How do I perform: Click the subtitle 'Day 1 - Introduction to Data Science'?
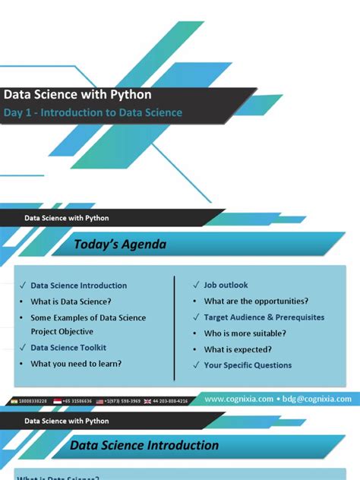pos(93,112)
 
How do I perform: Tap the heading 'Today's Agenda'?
pos(119,245)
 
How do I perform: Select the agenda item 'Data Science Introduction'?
pos(78,286)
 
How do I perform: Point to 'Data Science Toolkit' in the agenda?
pos(68,348)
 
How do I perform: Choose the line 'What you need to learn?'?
pos(76,364)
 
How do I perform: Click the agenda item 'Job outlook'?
pos(226,285)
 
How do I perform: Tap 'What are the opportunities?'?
pos(256,301)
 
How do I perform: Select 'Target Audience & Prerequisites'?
pos(264,317)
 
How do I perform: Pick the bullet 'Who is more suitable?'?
pos(245,333)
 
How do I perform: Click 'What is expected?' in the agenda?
pos(238,349)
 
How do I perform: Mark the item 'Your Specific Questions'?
pos(248,365)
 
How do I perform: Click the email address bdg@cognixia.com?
pos(318,399)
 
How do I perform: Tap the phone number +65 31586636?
pos(77,400)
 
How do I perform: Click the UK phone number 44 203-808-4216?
pos(170,400)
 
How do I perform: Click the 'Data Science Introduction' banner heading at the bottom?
pos(144,446)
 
